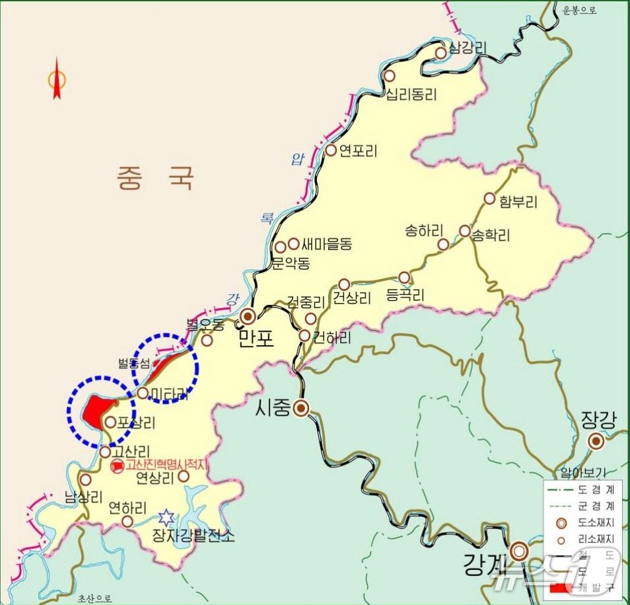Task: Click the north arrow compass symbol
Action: pos(57,79)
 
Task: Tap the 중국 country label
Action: pos(156,177)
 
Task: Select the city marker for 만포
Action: pos(249,315)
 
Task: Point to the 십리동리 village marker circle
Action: pos(390,76)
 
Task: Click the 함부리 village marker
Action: pos(489,198)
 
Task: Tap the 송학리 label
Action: pos(490,235)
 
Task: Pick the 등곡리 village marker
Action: pos(404,277)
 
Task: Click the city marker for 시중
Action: pos(301,408)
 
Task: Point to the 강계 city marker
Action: pos(520,551)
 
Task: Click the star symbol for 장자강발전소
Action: pos(167,516)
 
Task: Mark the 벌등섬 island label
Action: pos(134,363)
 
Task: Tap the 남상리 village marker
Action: pos(85,480)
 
